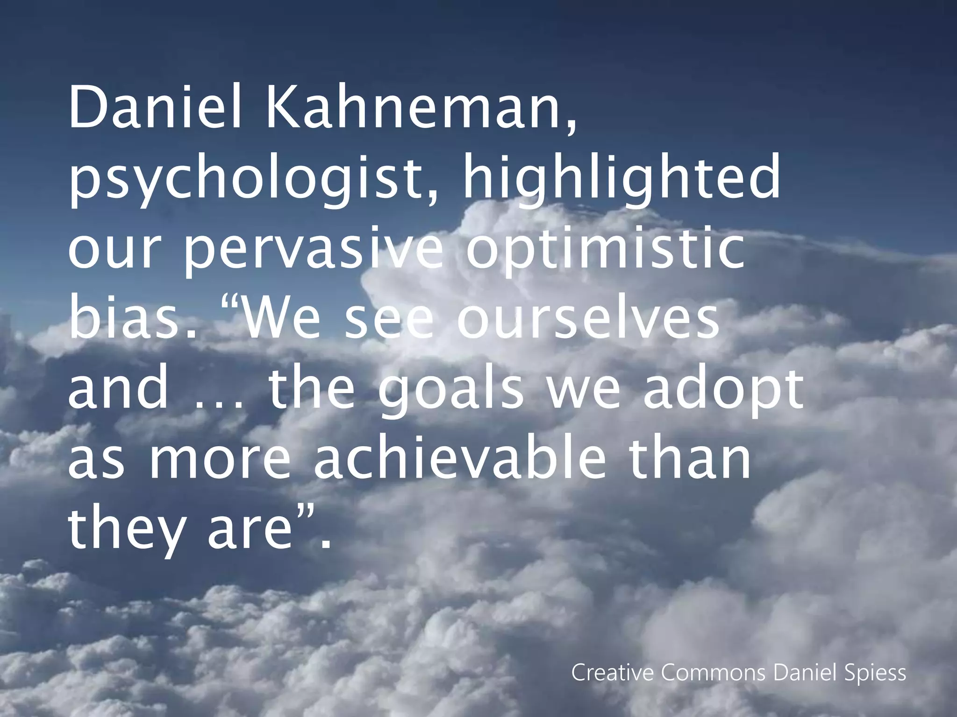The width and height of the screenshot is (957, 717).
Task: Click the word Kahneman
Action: click(x=421, y=109)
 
